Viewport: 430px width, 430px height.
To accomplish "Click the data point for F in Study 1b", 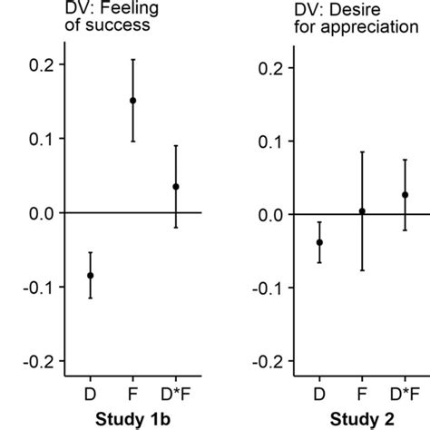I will (x=132, y=101).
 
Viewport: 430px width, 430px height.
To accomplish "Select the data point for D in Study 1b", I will (x=90, y=275).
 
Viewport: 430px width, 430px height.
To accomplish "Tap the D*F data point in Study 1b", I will (x=175, y=187).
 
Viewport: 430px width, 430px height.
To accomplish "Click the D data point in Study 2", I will (x=319, y=242).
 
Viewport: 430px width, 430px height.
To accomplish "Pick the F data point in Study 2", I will (x=362, y=211).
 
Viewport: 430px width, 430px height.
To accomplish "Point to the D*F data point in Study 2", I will (x=405, y=194).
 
